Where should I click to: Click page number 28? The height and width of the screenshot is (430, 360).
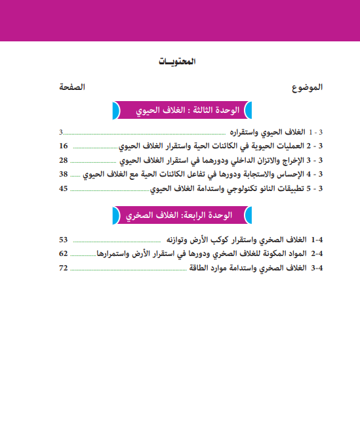point(63,160)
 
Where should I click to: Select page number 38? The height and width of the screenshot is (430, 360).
point(63,174)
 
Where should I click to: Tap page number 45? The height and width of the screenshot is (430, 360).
point(63,188)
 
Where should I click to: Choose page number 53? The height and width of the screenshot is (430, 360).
point(63,240)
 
